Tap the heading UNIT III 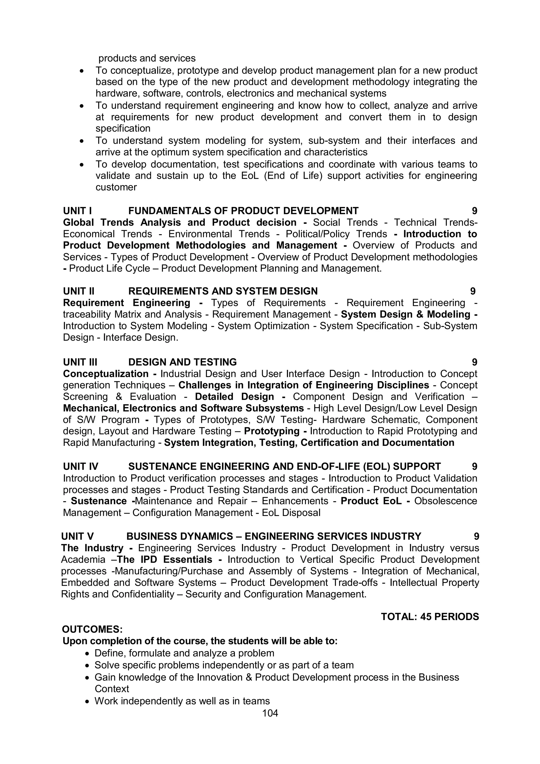coord(80,362)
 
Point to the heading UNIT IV coord(80,467)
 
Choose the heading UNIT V coord(77,536)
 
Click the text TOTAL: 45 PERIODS coord(430,617)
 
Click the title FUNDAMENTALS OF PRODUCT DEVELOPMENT coord(243,211)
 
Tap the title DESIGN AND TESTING coord(182,362)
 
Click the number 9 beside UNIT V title coord(476,536)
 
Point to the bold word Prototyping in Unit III coord(272,431)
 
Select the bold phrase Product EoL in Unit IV coord(371,501)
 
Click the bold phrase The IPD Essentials coord(165,559)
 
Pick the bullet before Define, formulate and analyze coord(87,654)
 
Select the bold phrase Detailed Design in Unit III coord(234,397)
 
